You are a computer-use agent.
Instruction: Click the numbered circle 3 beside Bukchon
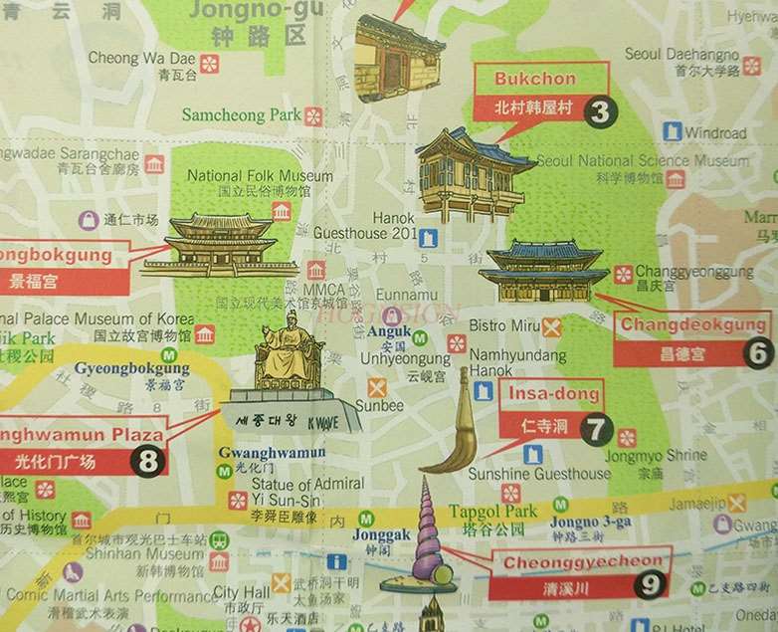pos(599,112)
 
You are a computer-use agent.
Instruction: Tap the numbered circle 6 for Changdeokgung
pos(757,352)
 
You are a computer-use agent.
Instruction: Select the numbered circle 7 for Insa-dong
pos(596,430)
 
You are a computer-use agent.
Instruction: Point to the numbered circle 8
pos(149,462)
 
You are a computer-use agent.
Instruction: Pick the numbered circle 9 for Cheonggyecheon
pos(652,585)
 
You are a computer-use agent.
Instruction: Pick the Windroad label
pos(714,132)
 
